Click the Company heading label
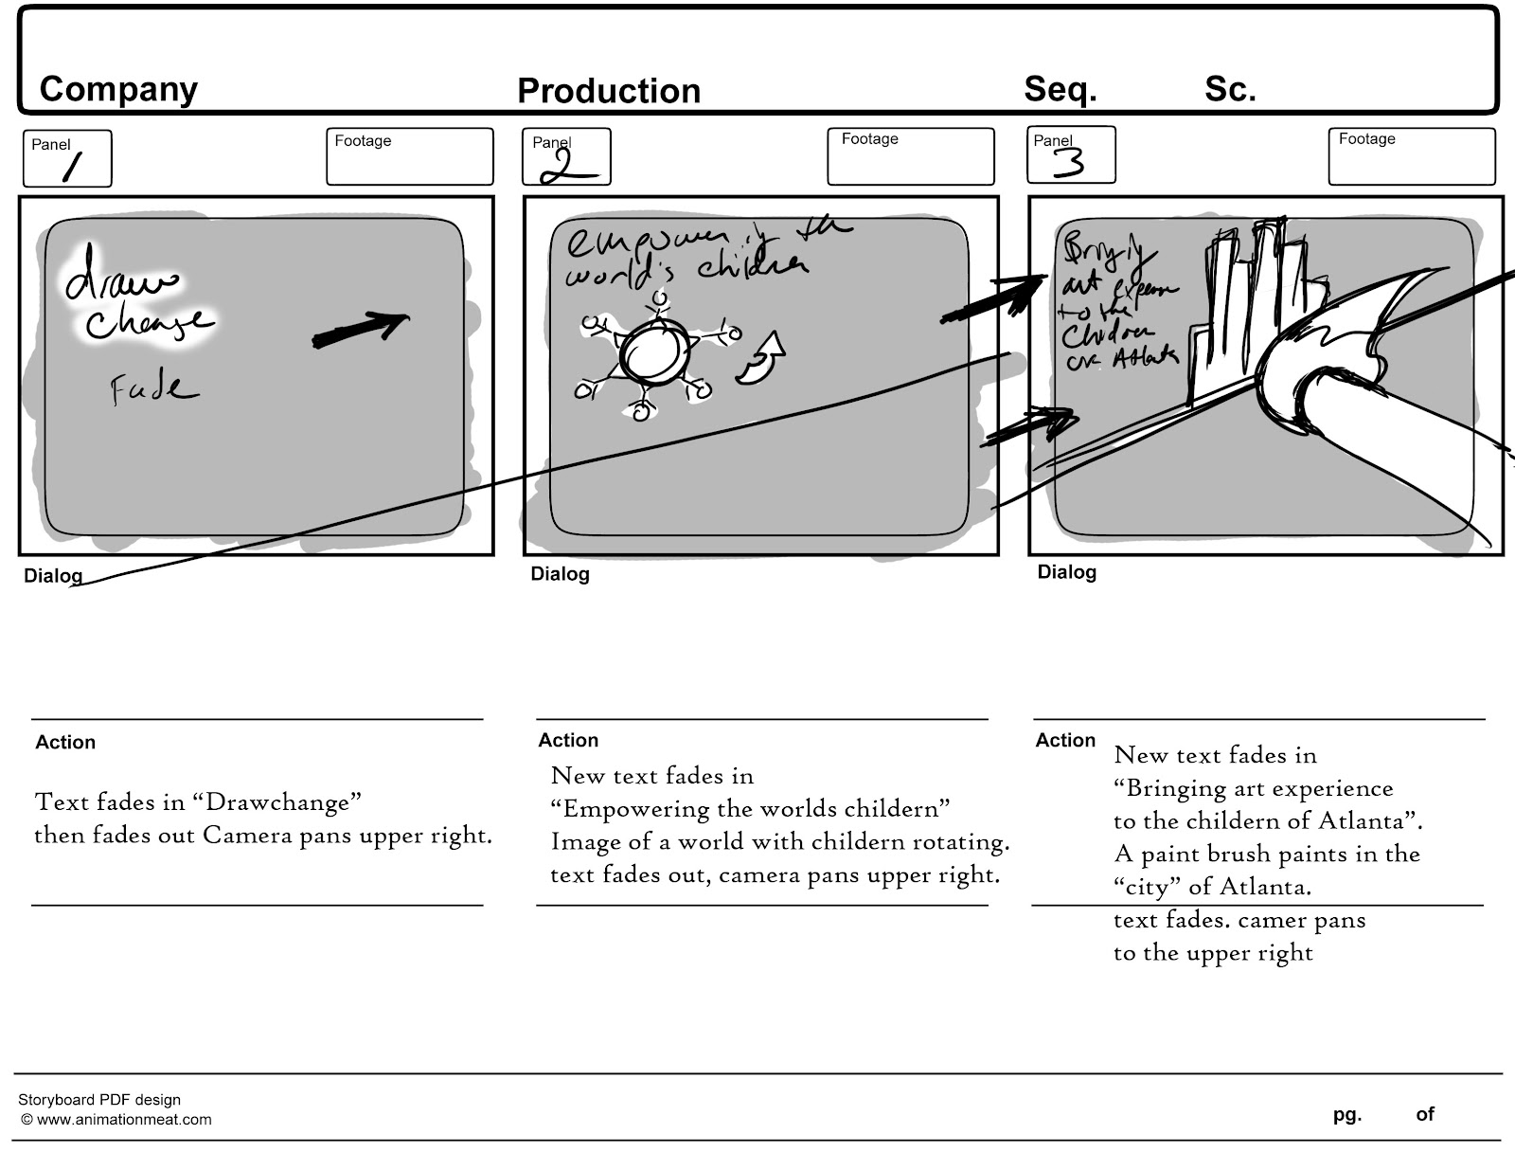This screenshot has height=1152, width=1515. coord(118,89)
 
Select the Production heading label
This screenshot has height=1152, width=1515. coord(608,91)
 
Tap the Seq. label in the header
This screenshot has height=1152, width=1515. coord(1060,89)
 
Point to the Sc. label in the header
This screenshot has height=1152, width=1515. coord(1229,89)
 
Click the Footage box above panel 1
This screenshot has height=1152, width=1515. coord(409,156)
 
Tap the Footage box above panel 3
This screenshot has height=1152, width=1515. coord(1411,156)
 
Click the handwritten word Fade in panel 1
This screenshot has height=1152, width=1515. coord(153,388)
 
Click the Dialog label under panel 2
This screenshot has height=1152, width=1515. coord(560,574)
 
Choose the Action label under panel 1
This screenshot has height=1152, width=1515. coord(65,743)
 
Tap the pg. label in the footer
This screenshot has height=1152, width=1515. coord(1346,1115)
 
